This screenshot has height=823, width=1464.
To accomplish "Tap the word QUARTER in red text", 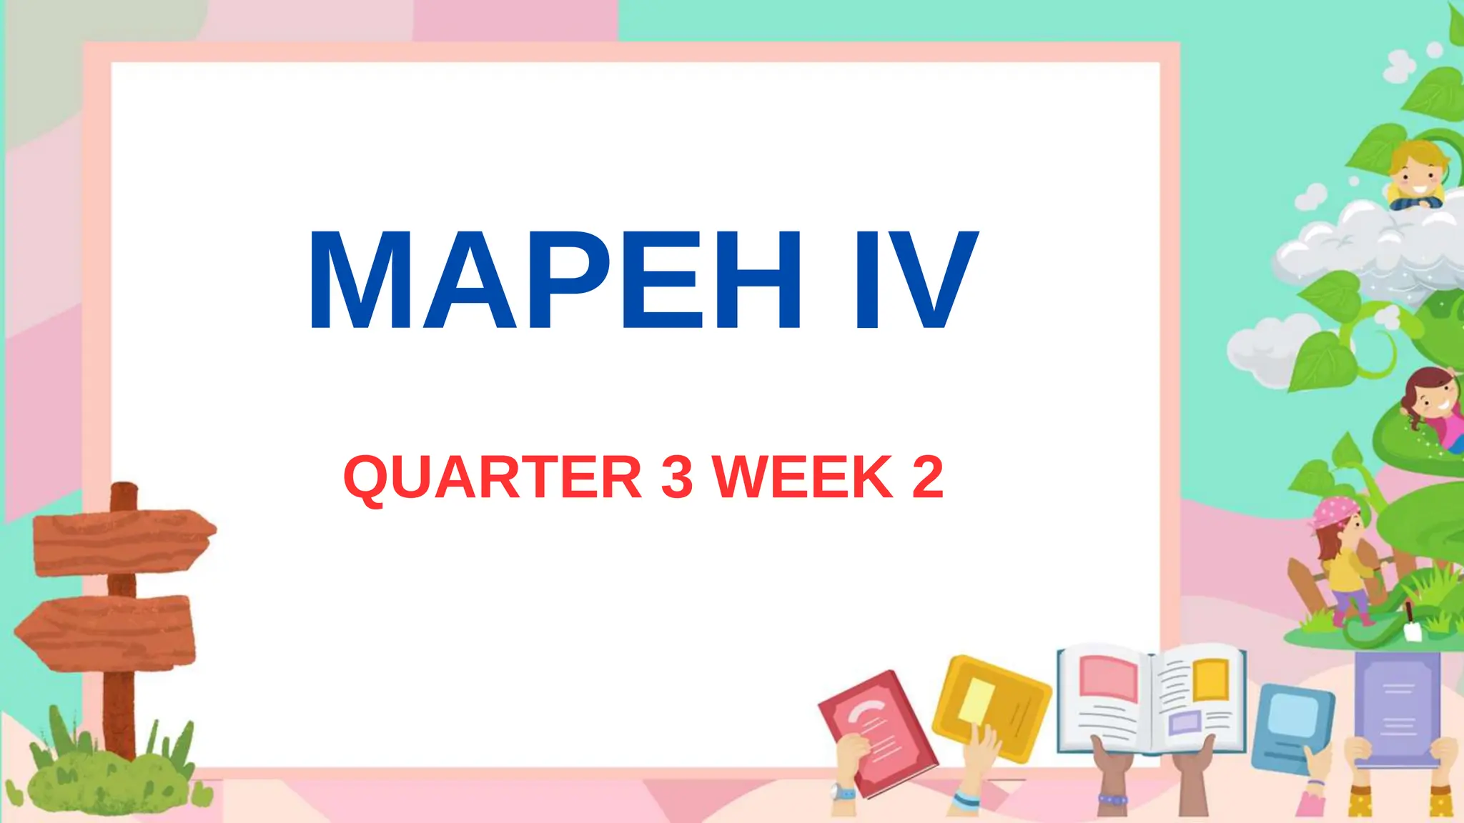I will (x=493, y=477).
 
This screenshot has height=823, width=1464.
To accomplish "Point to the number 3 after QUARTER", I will (x=676, y=477).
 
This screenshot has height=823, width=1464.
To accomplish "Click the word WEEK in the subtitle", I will (x=803, y=477).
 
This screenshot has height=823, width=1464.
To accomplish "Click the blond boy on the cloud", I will (x=1415, y=176).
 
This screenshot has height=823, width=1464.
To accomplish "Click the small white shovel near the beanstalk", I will (x=1413, y=629).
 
